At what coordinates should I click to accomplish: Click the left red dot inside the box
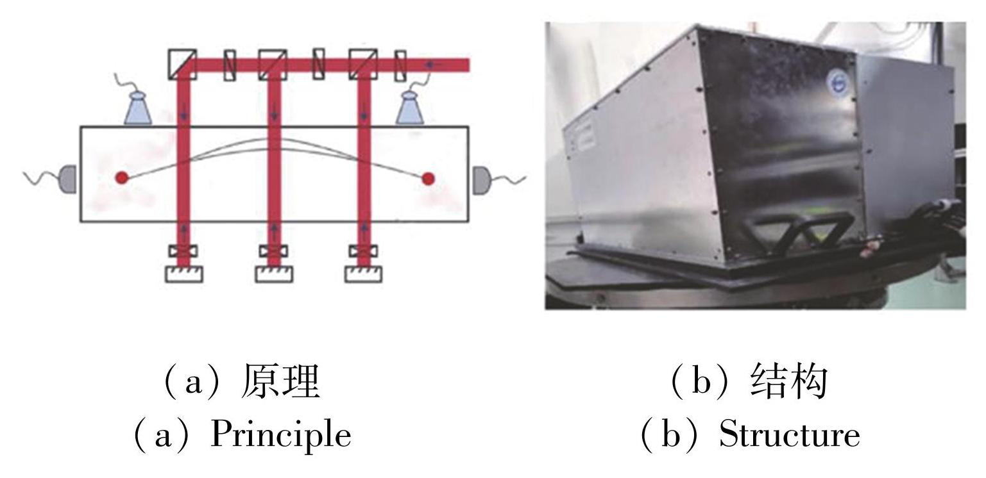click(121, 178)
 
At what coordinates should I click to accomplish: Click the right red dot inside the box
click(428, 179)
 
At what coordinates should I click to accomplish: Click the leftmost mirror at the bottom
click(184, 274)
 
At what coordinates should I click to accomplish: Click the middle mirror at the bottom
click(274, 274)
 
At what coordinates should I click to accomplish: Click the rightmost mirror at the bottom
click(364, 274)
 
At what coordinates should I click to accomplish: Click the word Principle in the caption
click(281, 435)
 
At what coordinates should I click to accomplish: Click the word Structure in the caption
click(789, 435)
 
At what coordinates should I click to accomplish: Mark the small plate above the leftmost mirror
click(183, 251)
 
